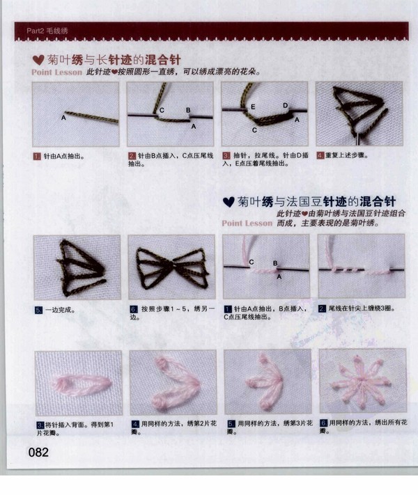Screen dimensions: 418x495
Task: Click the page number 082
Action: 38,452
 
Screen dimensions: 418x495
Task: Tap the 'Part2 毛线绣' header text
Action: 47,31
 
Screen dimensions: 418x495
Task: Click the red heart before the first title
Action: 38,60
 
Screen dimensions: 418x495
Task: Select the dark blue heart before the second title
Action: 229,202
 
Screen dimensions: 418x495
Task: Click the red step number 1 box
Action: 37,156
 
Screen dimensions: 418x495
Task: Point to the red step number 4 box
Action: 320,155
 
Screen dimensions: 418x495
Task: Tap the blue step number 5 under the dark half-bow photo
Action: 38,310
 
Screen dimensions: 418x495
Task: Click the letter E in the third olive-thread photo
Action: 253,107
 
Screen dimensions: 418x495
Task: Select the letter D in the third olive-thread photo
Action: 286,105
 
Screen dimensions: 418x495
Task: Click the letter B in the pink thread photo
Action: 275,263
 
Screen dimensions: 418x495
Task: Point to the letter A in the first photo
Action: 63,118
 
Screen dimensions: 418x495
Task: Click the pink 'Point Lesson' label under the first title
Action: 57,72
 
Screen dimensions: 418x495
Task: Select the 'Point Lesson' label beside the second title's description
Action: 247,223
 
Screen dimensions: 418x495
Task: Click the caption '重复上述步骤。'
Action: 347,155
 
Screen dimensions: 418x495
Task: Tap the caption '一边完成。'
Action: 60,310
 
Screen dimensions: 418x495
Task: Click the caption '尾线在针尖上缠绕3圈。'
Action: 362,308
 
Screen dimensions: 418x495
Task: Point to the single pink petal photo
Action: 78,383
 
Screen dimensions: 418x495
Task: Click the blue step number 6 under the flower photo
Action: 323,423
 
